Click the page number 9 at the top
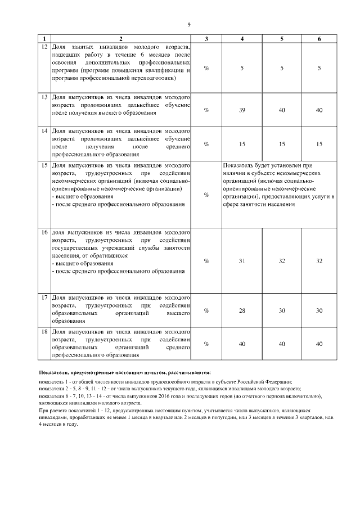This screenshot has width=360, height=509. (189, 25)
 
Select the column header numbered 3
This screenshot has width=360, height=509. (206, 39)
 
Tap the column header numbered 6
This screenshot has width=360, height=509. (319, 39)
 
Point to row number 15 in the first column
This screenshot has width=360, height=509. (44, 166)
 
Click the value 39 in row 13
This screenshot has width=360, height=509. (242, 110)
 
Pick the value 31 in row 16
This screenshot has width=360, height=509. (242, 260)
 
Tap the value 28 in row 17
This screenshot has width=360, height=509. (242, 310)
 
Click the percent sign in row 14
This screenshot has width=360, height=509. (206, 144)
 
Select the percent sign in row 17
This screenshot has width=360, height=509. (206, 310)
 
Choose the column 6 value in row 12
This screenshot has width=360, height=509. (319, 68)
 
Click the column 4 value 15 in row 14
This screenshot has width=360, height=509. (242, 144)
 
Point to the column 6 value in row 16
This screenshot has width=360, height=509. (319, 260)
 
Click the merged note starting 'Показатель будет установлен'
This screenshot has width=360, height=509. (278, 186)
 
